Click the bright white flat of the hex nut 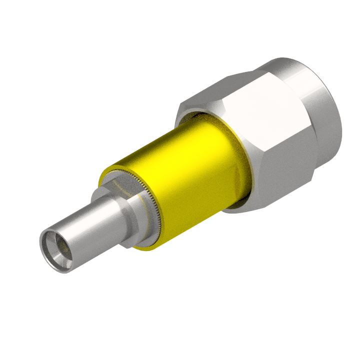(265, 115)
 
